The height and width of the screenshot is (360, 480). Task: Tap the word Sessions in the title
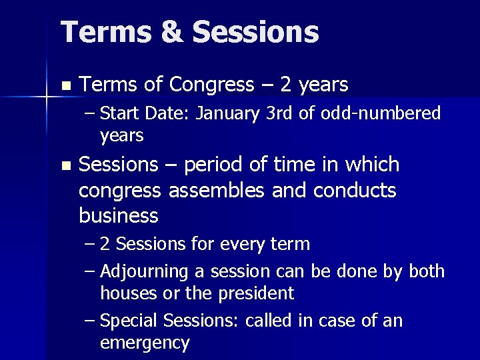click(x=255, y=32)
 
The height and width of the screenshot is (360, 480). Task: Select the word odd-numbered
click(x=381, y=114)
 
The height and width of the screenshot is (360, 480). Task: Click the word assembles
click(x=212, y=190)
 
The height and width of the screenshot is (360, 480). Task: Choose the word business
click(x=118, y=216)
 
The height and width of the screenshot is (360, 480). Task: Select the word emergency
click(x=145, y=343)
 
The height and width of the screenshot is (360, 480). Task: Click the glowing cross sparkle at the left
click(x=46, y=97)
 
